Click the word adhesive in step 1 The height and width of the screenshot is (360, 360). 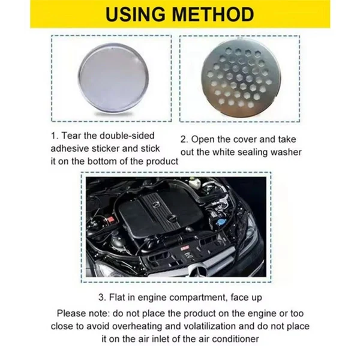point(76,148)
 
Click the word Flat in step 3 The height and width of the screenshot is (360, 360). point(119,298)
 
